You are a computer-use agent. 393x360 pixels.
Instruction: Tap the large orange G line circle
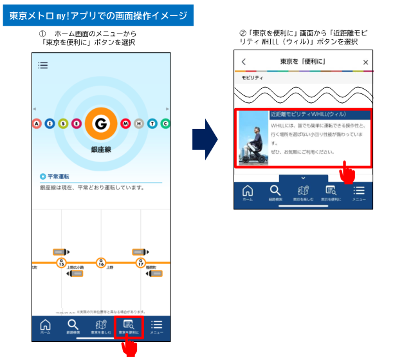pos(100,124)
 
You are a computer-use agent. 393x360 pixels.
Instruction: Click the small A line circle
pos(37,124)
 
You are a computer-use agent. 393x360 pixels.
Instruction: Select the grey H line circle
pos(138,124)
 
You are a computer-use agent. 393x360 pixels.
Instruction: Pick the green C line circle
pos(165,124)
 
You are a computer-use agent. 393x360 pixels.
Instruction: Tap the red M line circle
pos(125,124)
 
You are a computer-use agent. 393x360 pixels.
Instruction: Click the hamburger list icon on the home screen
pos(43,65)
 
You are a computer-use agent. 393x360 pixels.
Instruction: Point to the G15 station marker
pos(61,263)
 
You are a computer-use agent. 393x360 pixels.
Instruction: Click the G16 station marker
pos(100,263)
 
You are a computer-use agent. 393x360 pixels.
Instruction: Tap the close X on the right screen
pos(365,62)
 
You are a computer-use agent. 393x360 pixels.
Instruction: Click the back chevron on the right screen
pos(244,62)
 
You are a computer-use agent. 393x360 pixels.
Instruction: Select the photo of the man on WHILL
pos(253,138)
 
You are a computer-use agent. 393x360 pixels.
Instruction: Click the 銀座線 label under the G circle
pos(100,149)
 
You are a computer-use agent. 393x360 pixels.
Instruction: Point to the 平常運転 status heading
pos(58,176)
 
